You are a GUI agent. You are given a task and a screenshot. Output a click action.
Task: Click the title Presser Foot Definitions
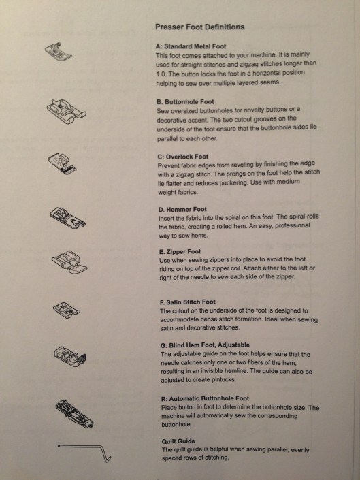click(199, 27)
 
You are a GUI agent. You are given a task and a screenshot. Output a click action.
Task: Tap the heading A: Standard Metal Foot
click(191, 46)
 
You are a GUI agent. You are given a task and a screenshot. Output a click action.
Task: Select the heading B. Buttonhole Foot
click(185, 102)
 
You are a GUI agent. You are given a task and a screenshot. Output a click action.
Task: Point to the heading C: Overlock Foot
click(183, 157)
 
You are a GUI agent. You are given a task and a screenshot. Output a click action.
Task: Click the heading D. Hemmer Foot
click(182, 210)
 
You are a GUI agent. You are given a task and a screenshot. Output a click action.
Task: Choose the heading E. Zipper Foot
click(180, 252)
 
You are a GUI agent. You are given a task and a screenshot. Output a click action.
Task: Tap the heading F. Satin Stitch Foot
click(188, 302)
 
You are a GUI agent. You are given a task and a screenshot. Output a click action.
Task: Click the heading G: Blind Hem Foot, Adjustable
click(205, 345)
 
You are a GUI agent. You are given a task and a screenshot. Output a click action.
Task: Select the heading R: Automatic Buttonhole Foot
click(205, 398)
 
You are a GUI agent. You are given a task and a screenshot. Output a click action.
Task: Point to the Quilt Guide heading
click(178, 441)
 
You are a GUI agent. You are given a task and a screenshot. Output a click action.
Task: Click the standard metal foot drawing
click(59, 51)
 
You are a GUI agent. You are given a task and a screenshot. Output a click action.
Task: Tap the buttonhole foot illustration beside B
click(67, 111)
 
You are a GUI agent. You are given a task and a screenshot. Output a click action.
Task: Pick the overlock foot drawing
click(63, 163)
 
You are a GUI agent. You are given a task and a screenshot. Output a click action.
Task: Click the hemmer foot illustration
click(68, 218)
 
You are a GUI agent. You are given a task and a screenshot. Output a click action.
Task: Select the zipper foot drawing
click(69, 261)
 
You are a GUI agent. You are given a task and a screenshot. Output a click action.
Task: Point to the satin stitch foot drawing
click(67, 310)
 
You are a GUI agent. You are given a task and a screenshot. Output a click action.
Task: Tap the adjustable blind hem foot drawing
click(70, 356)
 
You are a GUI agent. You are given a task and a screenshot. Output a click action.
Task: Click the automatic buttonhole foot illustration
click(75, 414)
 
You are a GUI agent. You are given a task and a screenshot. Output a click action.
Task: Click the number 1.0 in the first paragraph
click(161, 74)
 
